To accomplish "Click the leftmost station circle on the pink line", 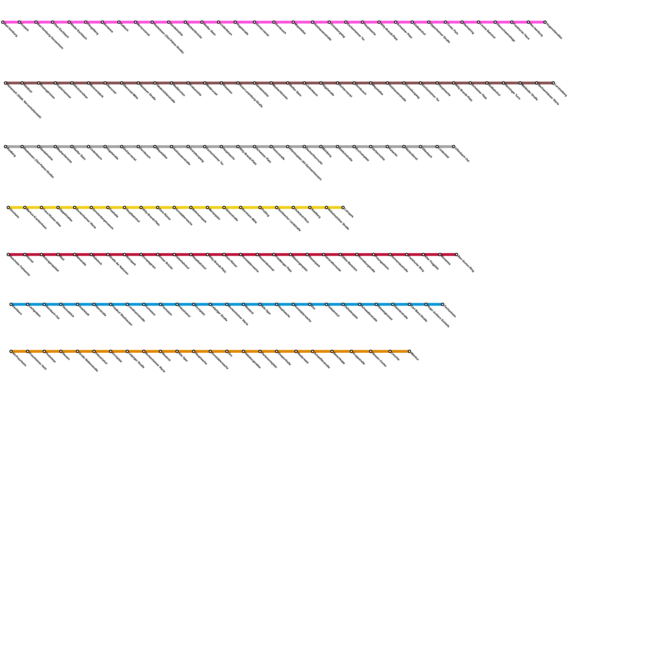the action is [x=3, y=22].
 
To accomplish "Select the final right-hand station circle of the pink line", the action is [x=545, y=22].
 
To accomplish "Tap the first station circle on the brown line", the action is [x=6, y=83].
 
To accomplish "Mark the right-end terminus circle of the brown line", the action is [x=553, y=83].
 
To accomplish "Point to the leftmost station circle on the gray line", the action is [x=6, y=146].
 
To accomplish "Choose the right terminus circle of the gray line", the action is [x=454, y=146].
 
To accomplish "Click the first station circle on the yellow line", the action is [x=8, y=207].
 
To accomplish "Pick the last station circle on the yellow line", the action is [x=343, y=207].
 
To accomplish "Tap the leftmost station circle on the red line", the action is [x=8, y=254].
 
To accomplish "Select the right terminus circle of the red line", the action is [x=456, y=254].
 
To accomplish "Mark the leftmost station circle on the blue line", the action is [x=11, y=304].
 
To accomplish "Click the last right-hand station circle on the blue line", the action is [x=443, y=304].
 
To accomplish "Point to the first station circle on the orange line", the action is [x=11, y=352].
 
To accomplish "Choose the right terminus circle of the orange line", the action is [x=410, y=352].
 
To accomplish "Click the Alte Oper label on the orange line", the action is [x=183, y=357].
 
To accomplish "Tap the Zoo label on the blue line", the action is [x=313, y=308].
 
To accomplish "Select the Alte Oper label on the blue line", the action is [x=266, y=310].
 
